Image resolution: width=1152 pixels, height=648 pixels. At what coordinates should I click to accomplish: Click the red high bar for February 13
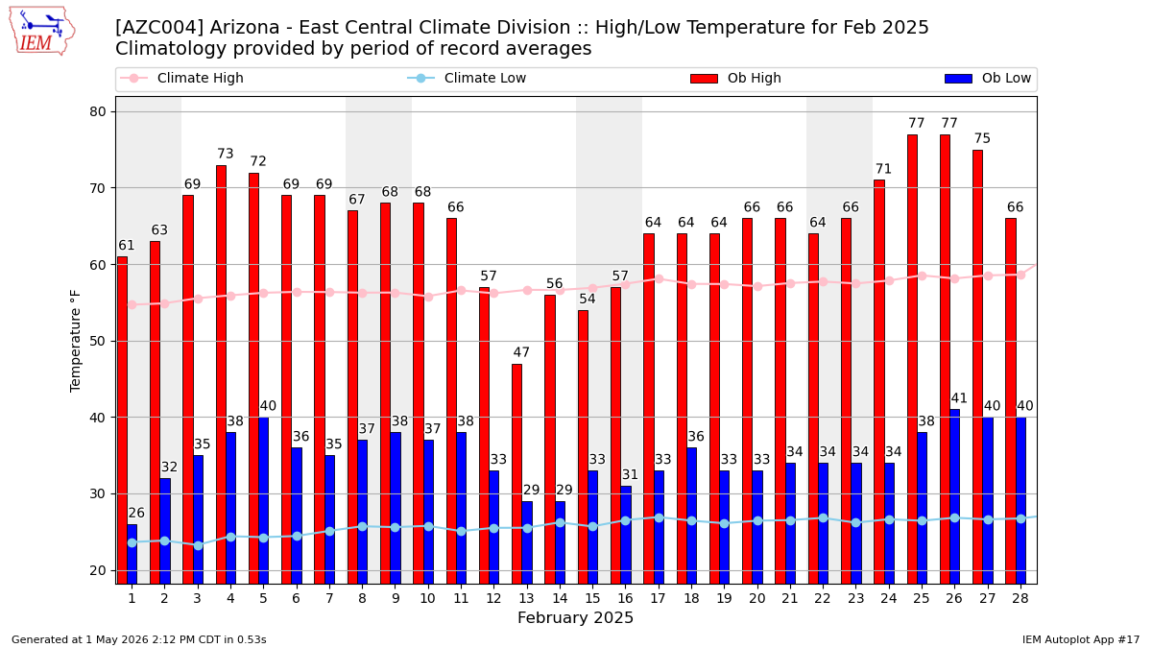[516, 473]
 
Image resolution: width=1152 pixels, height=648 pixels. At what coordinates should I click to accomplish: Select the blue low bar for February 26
[954, 496]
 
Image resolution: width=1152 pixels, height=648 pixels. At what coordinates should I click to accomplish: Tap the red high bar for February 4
[221, 374]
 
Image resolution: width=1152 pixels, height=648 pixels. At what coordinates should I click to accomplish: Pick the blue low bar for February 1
[132, 554]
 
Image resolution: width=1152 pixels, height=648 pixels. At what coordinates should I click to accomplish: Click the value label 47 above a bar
[521, 352]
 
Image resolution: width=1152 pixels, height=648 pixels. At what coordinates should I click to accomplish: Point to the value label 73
[226, 154]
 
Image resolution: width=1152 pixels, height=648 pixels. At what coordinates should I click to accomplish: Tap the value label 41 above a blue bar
[959, 398]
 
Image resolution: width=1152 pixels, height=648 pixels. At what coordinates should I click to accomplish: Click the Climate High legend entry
[181, 78]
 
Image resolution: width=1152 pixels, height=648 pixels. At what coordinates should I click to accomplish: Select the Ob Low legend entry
[988, 78]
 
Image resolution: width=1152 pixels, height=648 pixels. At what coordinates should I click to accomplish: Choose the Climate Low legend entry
[467, 78]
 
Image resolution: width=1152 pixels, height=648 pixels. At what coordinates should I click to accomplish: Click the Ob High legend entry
[735, 78]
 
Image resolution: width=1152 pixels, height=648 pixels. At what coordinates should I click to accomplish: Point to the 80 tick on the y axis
[98, 112]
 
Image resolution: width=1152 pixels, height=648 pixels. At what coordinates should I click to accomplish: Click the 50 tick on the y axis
[98, 342]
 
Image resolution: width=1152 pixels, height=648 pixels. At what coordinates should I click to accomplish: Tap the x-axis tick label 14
[560, 599]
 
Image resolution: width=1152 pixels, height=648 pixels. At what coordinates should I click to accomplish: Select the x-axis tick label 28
[1020, 599]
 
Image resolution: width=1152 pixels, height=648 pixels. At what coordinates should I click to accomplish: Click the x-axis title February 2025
[575, 617]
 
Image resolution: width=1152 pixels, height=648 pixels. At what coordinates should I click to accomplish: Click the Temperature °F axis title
[75, 341]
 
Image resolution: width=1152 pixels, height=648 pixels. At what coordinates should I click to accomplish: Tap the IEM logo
[42, 32]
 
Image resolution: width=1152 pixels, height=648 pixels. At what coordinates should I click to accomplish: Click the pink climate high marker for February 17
[659, 278]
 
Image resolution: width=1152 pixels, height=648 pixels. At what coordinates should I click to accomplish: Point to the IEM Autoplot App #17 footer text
[1081, 639]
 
